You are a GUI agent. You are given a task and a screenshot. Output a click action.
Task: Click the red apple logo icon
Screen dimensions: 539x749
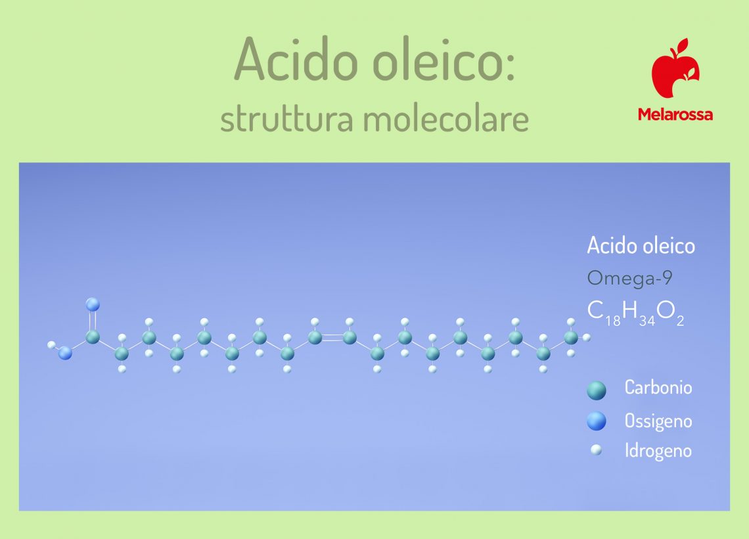point(675,68)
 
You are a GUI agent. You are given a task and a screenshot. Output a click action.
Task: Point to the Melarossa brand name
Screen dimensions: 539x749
point(675,114)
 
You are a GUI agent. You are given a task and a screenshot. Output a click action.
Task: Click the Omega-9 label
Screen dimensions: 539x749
point(629,278)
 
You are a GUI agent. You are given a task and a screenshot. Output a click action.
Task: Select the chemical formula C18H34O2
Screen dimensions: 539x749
point(635,312)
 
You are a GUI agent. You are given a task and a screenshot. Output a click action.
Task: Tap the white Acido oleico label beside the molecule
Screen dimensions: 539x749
point(641,246)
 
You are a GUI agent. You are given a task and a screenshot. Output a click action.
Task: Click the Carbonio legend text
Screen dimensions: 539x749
point(658,388)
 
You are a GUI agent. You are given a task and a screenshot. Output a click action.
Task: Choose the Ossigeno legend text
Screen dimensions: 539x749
point(658,421)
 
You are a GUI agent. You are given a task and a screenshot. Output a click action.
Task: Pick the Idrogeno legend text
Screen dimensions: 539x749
point(658,451)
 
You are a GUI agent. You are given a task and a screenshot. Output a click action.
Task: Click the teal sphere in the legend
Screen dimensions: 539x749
point(596,390)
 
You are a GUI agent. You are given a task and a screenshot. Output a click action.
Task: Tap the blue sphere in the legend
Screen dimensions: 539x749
point(596,421)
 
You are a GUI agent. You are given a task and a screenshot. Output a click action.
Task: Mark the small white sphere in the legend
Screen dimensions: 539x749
point(596,451)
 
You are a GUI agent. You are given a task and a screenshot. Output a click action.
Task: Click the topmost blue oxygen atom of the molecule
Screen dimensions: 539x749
point(93,304)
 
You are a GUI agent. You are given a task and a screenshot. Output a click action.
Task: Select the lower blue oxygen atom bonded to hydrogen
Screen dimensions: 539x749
point(64,354)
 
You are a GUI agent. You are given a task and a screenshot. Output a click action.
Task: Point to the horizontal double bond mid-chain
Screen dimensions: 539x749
point(332,338)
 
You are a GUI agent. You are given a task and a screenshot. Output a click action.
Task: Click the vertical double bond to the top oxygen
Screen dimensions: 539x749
point(93,321)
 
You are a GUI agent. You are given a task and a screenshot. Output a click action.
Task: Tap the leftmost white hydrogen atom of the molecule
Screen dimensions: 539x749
point(51,344)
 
